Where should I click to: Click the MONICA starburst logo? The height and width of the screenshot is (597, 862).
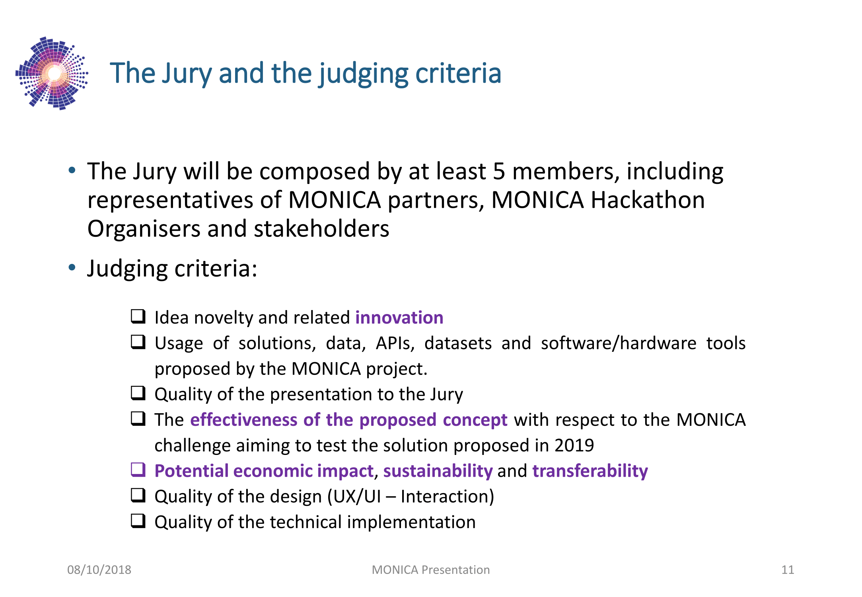(52, 73)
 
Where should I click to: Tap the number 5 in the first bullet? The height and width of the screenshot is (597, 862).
(499, 172)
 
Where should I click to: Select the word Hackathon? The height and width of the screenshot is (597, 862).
(648, 200)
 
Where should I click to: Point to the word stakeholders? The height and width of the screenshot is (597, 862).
(321, 229)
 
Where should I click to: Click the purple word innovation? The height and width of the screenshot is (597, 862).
(399, 318)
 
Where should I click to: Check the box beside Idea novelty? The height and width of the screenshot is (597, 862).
(138, 316)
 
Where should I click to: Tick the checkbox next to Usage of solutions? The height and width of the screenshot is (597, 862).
(138, 342)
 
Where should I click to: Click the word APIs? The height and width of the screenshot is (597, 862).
(395, 343)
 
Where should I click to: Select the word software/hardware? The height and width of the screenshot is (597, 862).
(618, 343)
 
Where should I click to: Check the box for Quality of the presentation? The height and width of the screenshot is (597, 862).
(138, 393)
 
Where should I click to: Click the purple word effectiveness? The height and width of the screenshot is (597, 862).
(244, 420)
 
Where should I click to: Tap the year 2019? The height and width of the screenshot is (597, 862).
(574, 445)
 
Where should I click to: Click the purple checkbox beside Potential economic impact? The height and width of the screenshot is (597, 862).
(138, 470)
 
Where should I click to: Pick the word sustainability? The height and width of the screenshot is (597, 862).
(438, 471)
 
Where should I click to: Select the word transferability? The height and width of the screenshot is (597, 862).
(590, 471)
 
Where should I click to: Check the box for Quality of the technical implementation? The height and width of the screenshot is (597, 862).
(138, 521)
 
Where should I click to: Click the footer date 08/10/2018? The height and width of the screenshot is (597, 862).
(99, 570)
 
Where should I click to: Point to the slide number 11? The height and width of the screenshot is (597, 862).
(788, 570)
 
